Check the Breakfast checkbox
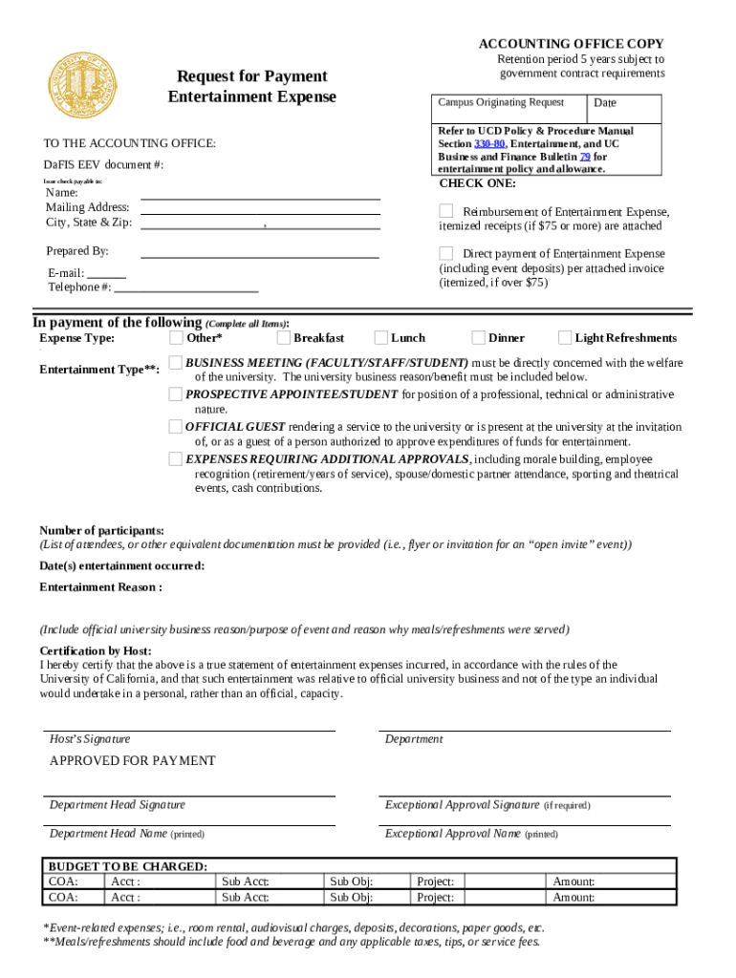[x=284, y=337]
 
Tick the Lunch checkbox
[x=381, y=337]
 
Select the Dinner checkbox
[x=479, y=337]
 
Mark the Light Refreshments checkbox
[x=565, y=337]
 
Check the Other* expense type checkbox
[x=177, y=337]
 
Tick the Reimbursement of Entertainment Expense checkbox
[x=446, y=210]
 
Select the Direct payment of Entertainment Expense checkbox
[x=446, y=253]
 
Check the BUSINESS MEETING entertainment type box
[x=176, y=362]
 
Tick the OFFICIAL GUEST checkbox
[x=176, y=426]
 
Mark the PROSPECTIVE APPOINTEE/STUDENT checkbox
[x=176, y=393]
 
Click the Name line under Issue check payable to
[x=260, y=193]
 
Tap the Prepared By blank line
[x=260, y=252]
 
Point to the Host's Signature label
[x=90, y=739]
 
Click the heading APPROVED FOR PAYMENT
[x=133, y=761]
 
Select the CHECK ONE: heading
[x=477, y=183]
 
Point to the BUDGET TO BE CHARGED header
[x=128, y=866]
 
